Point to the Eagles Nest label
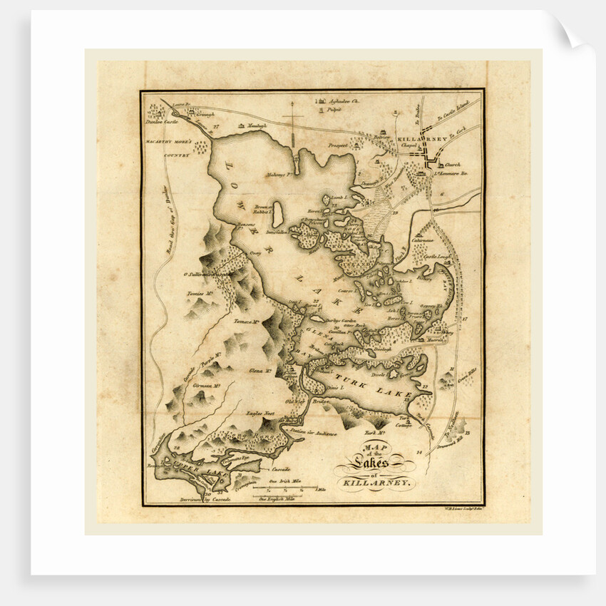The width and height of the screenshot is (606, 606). click(260, 413)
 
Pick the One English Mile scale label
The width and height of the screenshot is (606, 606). click(281, 498)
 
